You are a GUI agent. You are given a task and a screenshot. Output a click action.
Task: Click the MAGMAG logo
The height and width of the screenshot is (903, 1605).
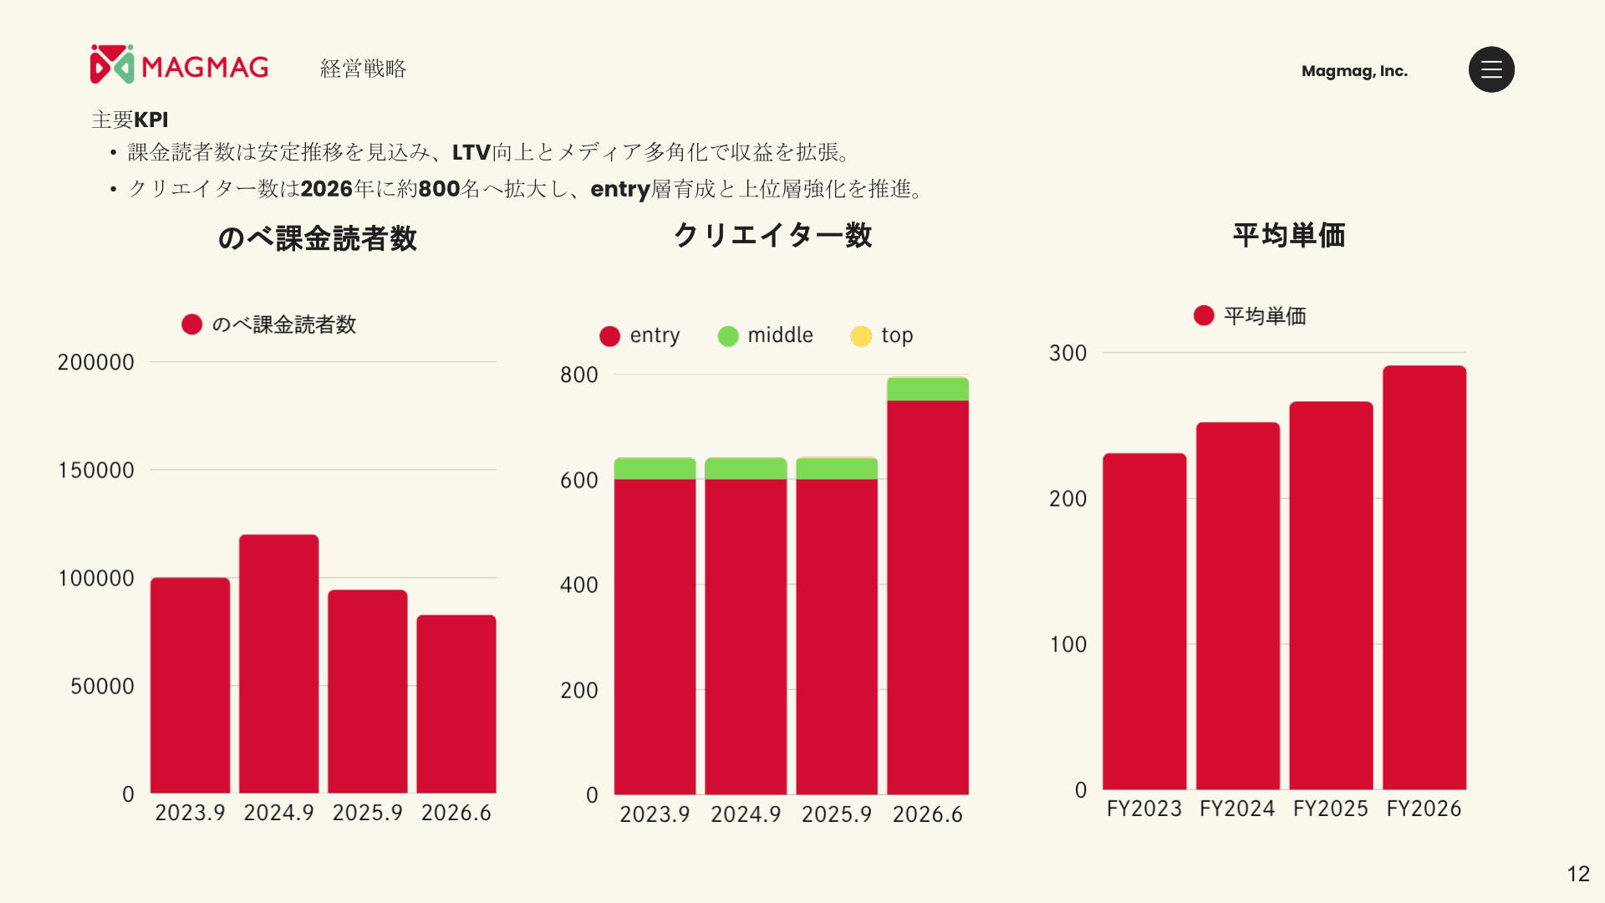[179, 64]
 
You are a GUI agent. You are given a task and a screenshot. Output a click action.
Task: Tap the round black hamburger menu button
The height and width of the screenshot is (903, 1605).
[1491, 69]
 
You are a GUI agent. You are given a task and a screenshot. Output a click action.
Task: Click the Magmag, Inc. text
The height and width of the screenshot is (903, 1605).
[1354, 71]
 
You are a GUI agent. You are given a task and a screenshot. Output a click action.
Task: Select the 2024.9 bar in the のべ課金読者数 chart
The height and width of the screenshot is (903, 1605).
[278, 664]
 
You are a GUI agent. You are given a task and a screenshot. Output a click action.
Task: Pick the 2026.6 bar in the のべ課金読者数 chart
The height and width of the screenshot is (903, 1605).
[456, 704]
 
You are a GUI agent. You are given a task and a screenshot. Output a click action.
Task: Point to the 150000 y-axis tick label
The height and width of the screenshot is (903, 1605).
[96, 470]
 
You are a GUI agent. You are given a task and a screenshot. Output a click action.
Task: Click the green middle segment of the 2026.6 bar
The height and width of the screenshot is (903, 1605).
[928, 389]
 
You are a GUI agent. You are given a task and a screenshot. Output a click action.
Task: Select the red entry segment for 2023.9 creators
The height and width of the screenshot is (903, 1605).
[655, 636]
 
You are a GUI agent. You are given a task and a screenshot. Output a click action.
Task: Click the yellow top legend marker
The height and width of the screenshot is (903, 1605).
[861, 336]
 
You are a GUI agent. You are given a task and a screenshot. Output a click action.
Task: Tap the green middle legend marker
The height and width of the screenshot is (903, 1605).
[728, 336]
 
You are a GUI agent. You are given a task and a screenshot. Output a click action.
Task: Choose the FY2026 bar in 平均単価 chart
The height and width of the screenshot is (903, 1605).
[1424, 578]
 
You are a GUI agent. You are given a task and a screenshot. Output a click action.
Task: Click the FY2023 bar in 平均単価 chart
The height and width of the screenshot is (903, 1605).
[1144, 621]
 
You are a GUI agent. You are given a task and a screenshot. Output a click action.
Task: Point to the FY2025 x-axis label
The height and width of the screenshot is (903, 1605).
[1331, 809]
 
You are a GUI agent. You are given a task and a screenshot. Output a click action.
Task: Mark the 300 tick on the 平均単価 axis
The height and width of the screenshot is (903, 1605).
[1068, 353]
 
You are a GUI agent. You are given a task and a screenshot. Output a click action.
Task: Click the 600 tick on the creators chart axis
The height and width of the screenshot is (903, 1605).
[579, 481]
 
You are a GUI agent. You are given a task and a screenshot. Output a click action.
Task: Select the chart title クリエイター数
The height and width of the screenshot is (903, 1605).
[773, 236]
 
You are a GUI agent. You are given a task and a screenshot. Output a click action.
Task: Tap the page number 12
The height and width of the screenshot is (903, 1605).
[1578, 874]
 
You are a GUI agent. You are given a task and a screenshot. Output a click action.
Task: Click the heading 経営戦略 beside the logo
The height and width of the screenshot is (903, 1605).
[363, 69]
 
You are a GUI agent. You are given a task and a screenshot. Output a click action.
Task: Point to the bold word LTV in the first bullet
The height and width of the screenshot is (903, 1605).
[471, 152]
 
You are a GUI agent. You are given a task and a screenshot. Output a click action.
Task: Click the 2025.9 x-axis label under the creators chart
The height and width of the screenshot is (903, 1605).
[837, 814]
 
